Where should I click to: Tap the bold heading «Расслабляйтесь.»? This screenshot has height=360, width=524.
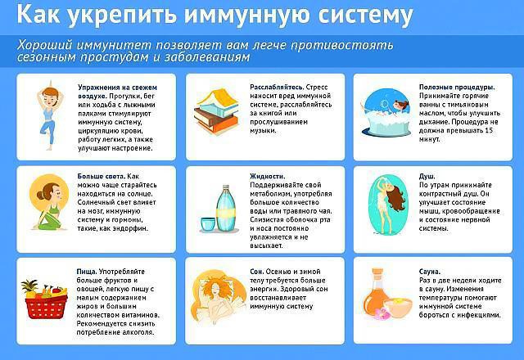coord(277,88)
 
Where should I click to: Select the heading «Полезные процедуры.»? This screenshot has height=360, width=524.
coord(457,88)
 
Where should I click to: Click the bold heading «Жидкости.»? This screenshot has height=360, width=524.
coord(268,176)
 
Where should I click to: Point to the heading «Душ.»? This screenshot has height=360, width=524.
coord(427,177)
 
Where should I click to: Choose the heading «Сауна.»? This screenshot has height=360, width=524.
coord(430,272)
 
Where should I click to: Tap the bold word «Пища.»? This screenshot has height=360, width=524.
coord(87,272)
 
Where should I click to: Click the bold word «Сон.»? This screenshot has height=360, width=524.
coord(257,272)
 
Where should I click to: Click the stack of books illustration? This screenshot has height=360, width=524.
coord(216,111)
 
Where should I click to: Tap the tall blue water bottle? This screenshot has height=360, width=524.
coord(227,209)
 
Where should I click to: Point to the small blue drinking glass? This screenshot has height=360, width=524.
coord(208,225)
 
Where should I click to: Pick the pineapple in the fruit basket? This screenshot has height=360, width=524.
coord(30,289)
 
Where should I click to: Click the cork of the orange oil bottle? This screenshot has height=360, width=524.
coord(377,274)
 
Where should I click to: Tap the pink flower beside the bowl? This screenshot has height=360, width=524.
coord(382,314)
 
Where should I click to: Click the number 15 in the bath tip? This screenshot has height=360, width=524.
coord(489,131)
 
